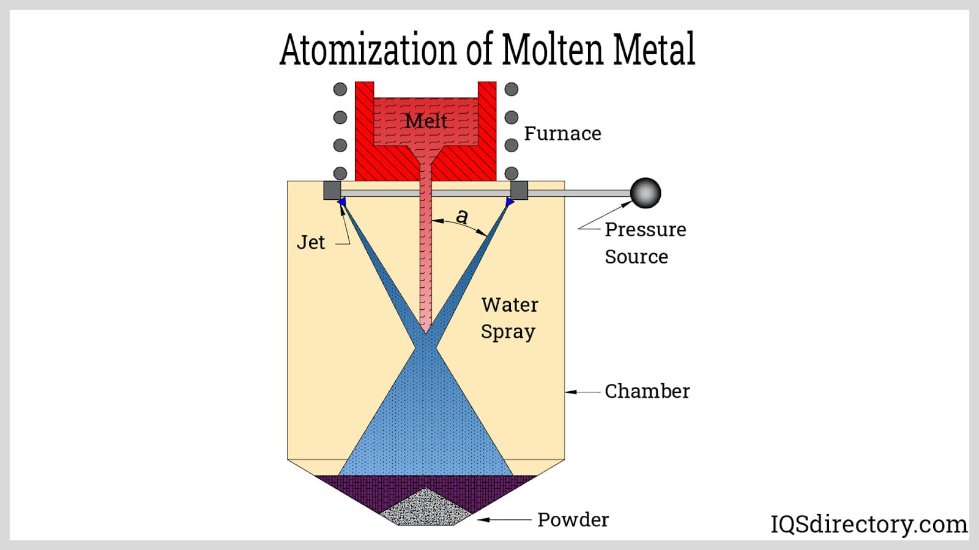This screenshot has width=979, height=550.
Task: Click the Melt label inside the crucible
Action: click(x=426, y=121)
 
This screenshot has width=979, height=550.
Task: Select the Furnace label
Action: click(x=562, y=133)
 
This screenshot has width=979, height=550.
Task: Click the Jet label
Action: click(x=311, y=243)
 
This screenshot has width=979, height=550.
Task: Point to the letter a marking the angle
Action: click(x=462, y=216)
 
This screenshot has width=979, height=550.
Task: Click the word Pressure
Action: click(x=645, y=230)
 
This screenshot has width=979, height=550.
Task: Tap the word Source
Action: click(x=636, y=257)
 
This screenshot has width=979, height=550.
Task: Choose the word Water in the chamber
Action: click(x=509, y=304)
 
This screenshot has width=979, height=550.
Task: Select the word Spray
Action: click(x=507, y=332)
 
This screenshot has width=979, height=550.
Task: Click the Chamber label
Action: click(x=647, y=391)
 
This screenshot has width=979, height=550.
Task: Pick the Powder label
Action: click(x=573, y=519)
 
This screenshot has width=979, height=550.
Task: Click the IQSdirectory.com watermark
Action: click(x=868, y=524)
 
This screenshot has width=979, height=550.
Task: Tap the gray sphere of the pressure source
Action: click(x=645, y=193)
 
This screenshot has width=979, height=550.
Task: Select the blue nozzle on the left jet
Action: click(x=341, y=201)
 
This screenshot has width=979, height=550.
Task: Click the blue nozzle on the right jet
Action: click(x=510, y=201)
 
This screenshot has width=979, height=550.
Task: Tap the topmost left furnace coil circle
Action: click(x=340, y=89)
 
